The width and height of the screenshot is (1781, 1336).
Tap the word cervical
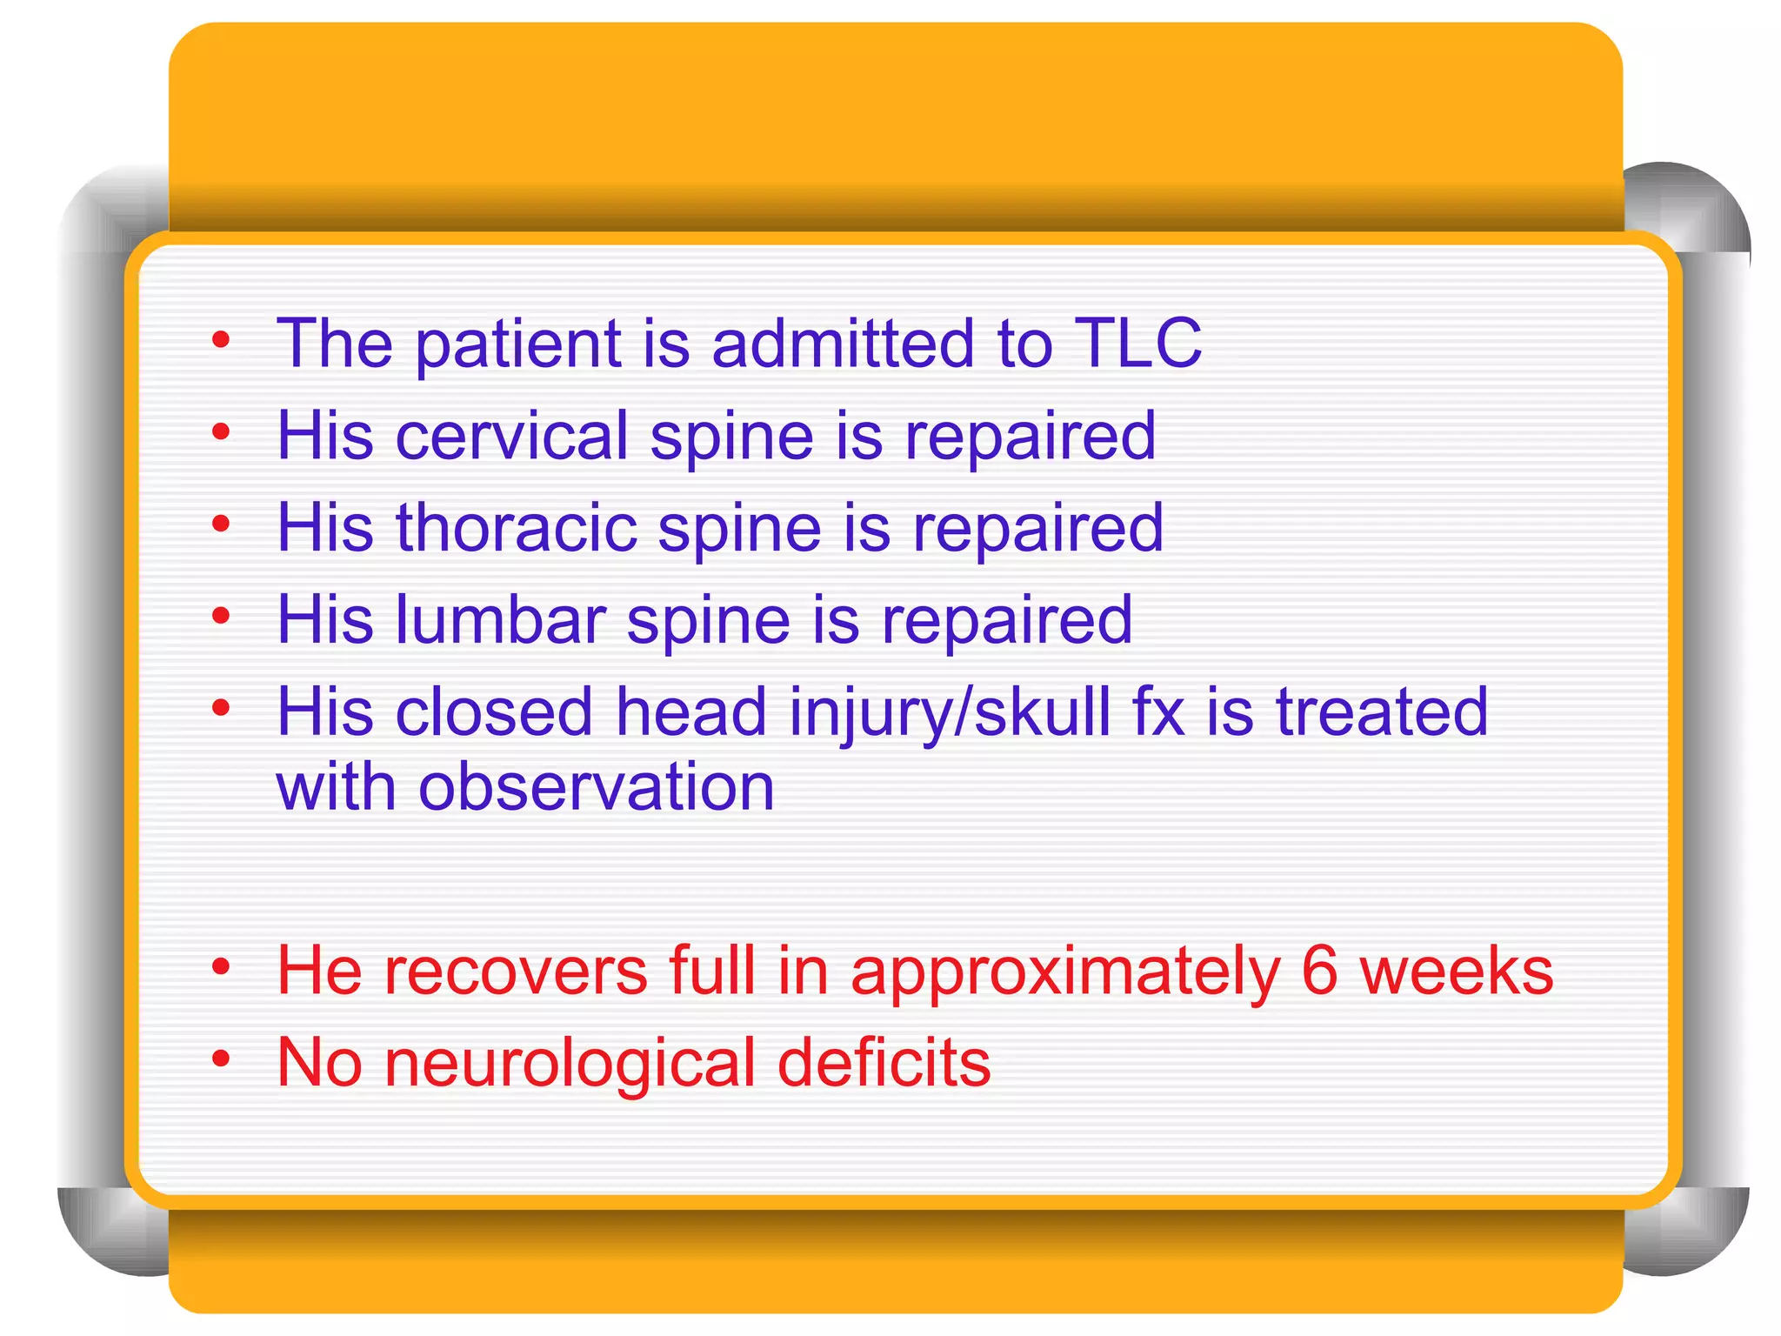click(511, 436)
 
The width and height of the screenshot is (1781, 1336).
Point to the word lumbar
click(500, 620)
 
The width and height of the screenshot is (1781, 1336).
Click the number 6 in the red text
click(1318, 972)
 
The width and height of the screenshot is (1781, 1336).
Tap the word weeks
click(1457, 972)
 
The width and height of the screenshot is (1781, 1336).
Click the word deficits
click(883, 1064)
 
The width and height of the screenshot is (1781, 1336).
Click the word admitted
click(842, 344)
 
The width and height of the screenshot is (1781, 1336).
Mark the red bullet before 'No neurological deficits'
click(221, 1059)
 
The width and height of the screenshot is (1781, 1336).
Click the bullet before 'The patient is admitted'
click(221, 339)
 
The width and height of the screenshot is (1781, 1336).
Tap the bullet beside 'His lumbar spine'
click(221, 616)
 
